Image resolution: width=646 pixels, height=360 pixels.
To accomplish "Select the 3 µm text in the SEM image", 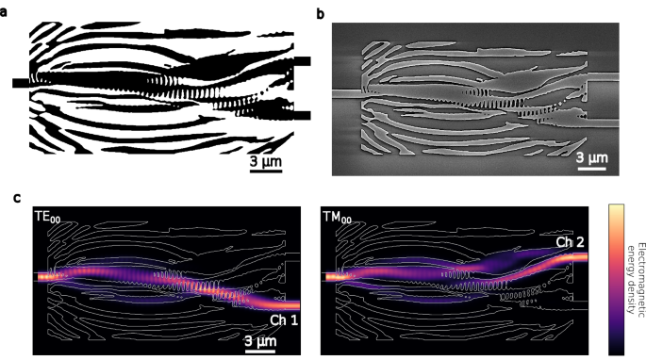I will tap(591, 155).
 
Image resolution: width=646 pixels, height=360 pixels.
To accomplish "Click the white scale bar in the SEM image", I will tap(591, 167).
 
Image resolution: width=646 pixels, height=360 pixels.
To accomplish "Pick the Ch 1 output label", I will tap(282, 321).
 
